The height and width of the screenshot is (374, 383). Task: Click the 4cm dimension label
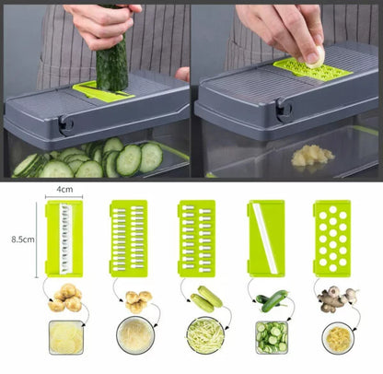pyautogui.click(x=64, y=189)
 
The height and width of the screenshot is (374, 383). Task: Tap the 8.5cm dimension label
pyautogui.click(x=23, y=240)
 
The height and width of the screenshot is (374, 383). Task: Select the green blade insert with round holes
pyautogui.click(x=332, y=239)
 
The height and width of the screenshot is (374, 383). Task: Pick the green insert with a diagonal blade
pyautogui.click(x=266, y=239)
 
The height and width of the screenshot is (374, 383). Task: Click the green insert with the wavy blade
pyautogui.click(x=64, y=239)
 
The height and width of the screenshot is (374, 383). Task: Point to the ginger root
pyautogui.click(x=337, y=298)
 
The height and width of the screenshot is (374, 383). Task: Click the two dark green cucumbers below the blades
pyautogui.click(x=272, y=300)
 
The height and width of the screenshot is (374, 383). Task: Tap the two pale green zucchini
pyautogui.click(x=206, y=298)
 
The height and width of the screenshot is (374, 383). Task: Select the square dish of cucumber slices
pyautogui.click(x=272, y=337)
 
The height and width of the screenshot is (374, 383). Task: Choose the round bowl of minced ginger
pyautogui.click(x=338, y=338)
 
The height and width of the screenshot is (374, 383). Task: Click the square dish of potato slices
pyautogui.click(x=66, y=337)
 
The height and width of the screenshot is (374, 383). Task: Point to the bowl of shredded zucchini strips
pyautogui.click(x=205, y=335)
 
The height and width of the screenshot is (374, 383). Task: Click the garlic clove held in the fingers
pyautogui.click(x=316, y=57)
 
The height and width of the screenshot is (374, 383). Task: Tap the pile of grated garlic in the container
pyautogui.click(x=311, y=156)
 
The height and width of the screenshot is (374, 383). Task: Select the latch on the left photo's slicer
pyautogui.click(x=65, y=125)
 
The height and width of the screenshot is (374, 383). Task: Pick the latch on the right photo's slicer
pyautogui.click(x=284, y=110)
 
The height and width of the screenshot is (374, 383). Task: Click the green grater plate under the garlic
pyautogui.click(x=312, y=71)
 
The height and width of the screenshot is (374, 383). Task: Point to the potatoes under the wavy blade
pyautogui.click(x=65, y=298)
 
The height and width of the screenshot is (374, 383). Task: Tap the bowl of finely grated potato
pyautogui.click(x=135, y=335)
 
